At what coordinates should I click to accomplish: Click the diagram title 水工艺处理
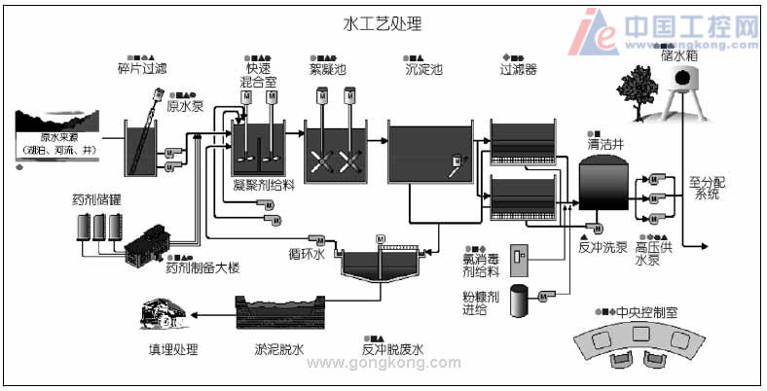pos(383,22)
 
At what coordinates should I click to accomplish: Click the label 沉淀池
pos(423,69)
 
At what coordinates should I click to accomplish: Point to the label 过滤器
pos(518,69)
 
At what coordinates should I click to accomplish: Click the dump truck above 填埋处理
pos(165,314)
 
